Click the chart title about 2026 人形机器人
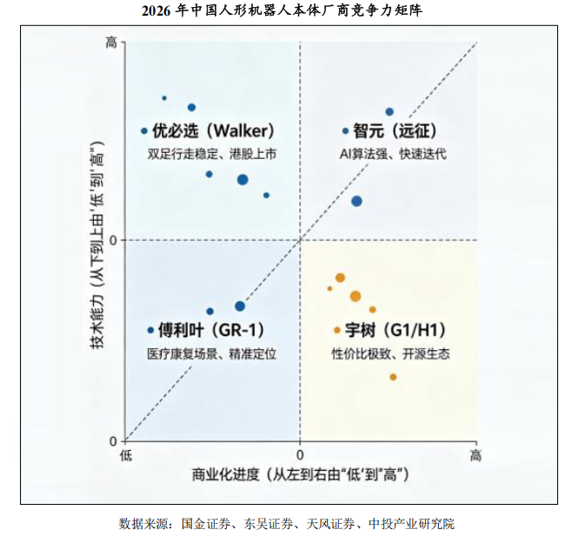pos(282,10)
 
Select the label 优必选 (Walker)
pos(214,131)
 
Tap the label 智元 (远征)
pos(395,131)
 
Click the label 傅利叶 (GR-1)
pos(211,330)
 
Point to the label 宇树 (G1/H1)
pos(396,330)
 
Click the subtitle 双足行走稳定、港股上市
pos(211,154)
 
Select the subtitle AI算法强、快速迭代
pos(393,154)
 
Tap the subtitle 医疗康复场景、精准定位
pos(211,354)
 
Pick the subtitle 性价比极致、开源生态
pos(390,354)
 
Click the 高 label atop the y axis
pos(110,43)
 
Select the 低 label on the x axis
pos(126,455)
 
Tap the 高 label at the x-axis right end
pos(475,455)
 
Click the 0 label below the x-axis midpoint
pos(300,455)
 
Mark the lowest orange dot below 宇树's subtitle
pos(393,377)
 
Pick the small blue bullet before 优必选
pos(144,131)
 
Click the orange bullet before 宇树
pos(337,330)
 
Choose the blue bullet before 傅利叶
pos(150,330)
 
